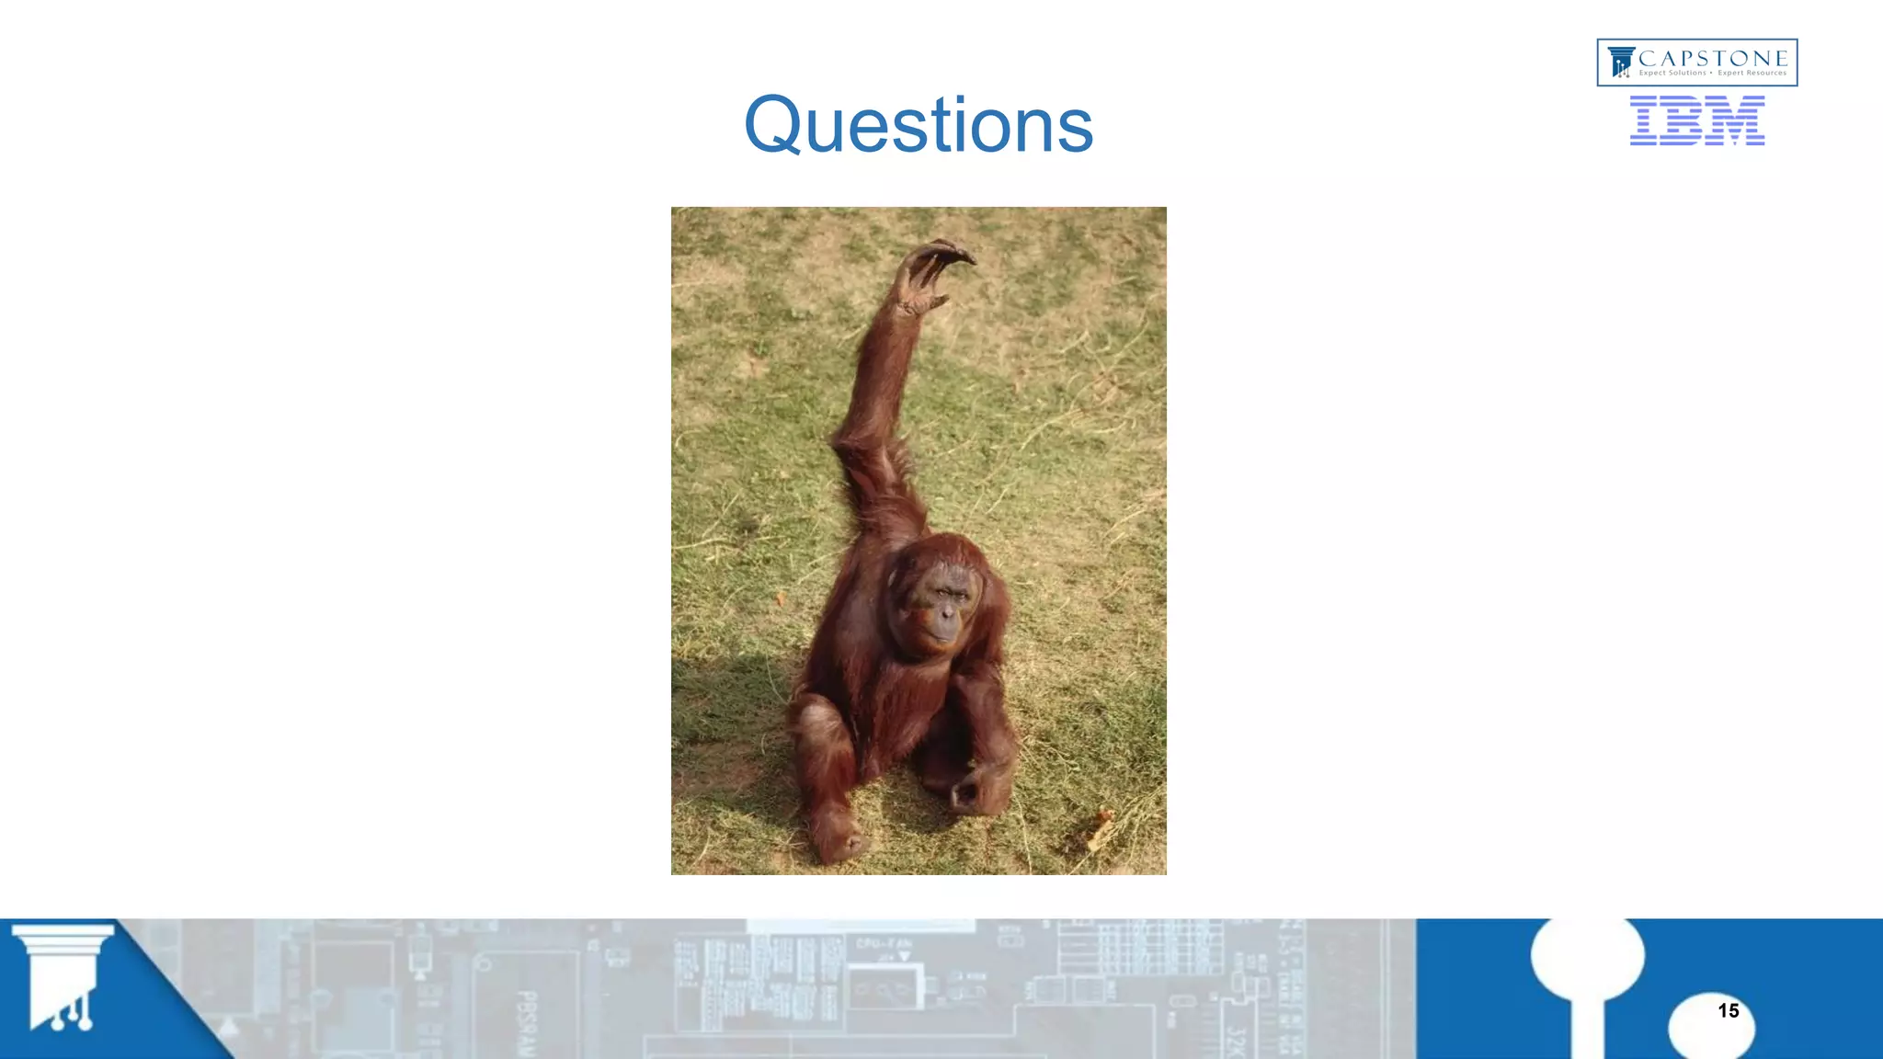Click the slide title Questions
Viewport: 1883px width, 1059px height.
click(x=918, y=125)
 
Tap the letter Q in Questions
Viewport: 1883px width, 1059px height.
click(x=772, y=125)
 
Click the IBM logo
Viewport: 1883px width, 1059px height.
click(x=1696, y=120)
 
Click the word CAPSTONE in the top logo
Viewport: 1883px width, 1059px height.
click(x=1713, y=58)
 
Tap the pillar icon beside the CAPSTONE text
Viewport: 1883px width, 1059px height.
click(x=1620, y=63)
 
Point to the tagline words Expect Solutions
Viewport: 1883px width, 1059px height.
click(x=1672, y=74)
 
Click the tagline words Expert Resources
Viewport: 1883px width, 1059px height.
click(x=1752, y=74)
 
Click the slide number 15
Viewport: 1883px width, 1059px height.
click(x=1728, y=1011)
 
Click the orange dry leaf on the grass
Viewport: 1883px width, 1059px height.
click(x=1100, y=827)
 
